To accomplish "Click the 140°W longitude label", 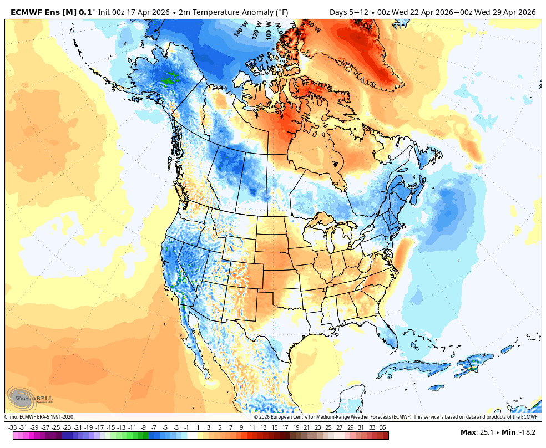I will [240, 29].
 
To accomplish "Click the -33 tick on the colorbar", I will [12, 427].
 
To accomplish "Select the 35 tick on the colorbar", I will [383, 427].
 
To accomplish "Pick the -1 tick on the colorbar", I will [186, 427].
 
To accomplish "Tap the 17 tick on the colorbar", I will [285, 427].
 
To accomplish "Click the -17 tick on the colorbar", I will [99, 427].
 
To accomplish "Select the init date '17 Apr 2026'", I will [149, 12].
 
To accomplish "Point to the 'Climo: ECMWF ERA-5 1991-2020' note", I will [39, 417].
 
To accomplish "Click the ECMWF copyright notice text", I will [396, 417].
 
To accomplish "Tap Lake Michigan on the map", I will [331, 242].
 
